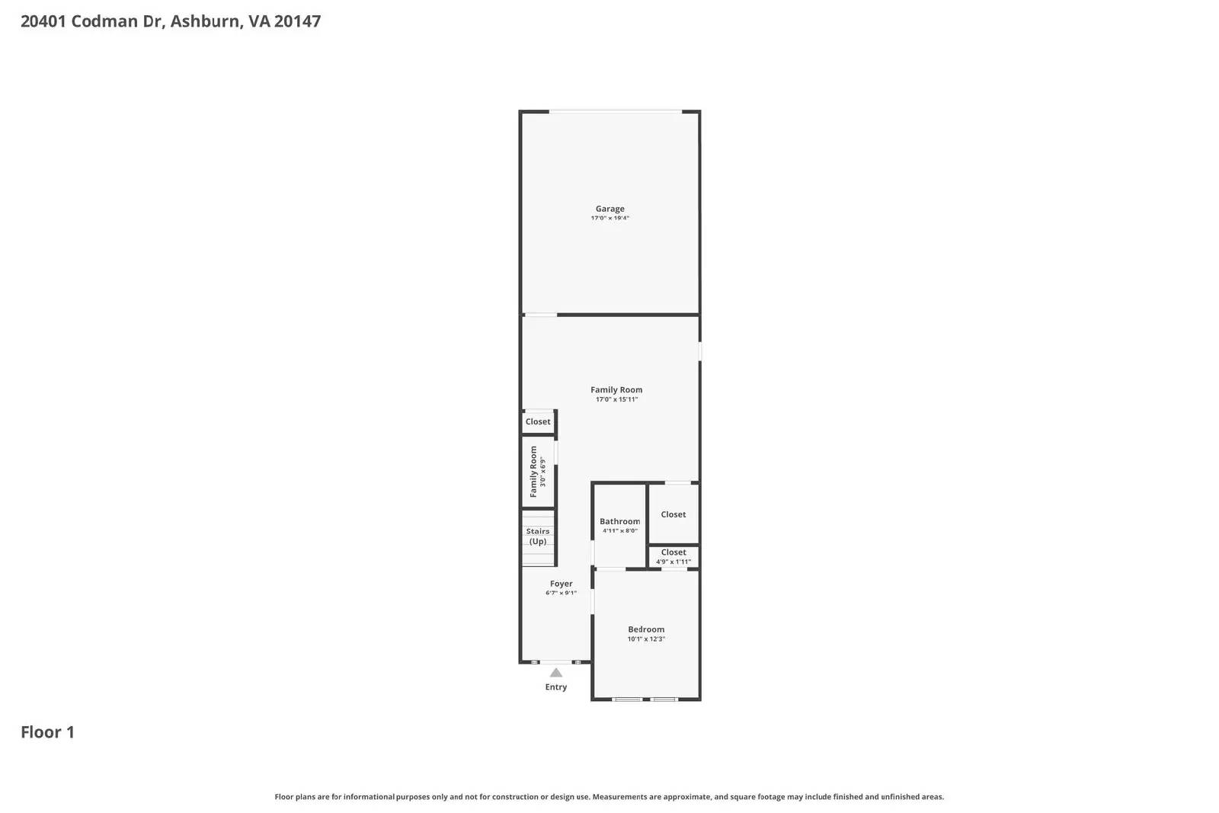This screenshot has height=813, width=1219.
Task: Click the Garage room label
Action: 609,209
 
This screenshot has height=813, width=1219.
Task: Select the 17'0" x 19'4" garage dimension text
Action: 609,219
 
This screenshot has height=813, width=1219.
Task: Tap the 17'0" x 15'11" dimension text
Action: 616,399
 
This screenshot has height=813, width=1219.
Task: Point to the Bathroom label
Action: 619,522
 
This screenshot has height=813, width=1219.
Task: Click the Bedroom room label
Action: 646,629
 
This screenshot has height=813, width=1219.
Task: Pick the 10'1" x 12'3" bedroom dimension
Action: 646,639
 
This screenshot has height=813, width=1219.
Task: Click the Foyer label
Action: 562,584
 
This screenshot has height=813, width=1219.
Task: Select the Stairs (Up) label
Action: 538,536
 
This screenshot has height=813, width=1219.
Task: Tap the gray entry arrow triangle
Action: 556,673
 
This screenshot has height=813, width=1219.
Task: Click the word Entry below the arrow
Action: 556,687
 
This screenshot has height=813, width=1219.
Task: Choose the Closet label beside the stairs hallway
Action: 538,421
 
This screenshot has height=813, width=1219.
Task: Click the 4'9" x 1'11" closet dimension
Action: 673,562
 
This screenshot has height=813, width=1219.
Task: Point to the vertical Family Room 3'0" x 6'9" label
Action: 538,472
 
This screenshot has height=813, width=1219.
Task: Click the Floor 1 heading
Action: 47,732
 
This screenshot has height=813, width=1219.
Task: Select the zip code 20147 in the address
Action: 297,21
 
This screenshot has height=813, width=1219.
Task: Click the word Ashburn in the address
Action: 205,21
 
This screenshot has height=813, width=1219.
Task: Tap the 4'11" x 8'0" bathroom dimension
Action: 619,531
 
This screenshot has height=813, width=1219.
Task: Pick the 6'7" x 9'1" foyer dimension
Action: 562,593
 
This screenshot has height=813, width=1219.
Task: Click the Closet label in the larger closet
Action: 673,514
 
